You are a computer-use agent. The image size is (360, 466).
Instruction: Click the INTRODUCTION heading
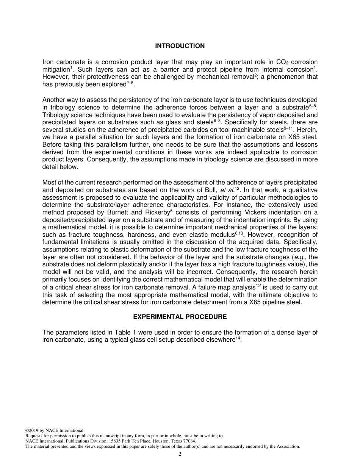(180, 46)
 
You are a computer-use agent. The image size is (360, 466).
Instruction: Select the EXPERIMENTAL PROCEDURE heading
(180, 317)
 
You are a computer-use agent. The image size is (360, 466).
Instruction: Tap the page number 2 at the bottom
(180, 454)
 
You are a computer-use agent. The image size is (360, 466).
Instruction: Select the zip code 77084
(190, 441)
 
